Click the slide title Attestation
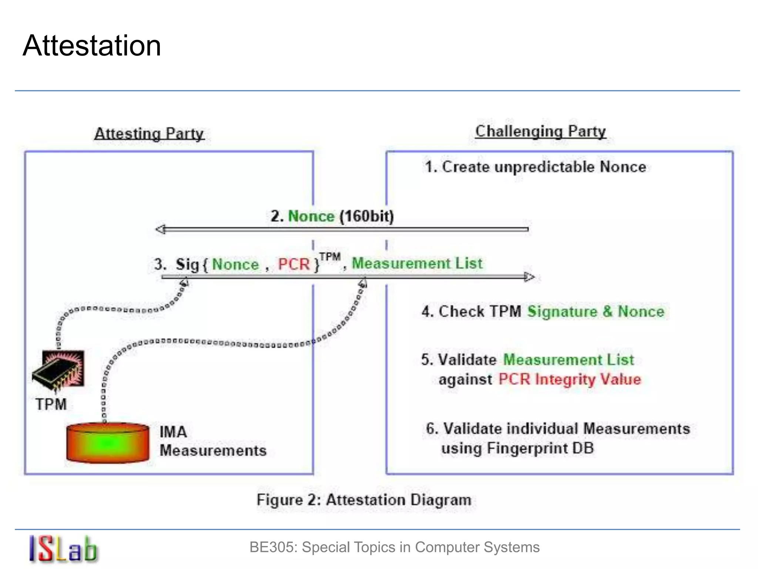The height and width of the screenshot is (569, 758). (x=92, y=46)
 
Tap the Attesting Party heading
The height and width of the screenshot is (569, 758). (x=149, y=134)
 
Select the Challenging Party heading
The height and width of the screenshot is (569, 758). (x=540, y=132)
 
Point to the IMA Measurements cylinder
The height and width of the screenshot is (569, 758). (x=108, y=443)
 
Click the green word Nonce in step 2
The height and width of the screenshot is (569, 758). (x=311, y=216)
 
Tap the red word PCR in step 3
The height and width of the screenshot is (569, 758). (x=294, y=264)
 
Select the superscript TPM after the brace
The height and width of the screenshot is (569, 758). (x=330, y=257)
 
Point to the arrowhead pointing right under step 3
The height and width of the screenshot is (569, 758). (x=530, y=277)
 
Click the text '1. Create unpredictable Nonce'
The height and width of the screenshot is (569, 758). (x=535, y=167)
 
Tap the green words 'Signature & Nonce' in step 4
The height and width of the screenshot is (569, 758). (x=596, y=312)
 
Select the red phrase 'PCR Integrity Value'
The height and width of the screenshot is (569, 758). (x=569, y=380)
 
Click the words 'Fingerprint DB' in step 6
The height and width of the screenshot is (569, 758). (x=540, y=449)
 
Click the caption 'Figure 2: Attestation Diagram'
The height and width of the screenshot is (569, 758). (x=364, y=500)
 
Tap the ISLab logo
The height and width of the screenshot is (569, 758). (x=63, y=549)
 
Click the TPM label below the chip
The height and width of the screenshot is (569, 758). (x=51, y=404)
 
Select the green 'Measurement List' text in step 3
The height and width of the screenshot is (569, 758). (x=417, y=263)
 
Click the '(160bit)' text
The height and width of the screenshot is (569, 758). (x=366, y=216)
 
